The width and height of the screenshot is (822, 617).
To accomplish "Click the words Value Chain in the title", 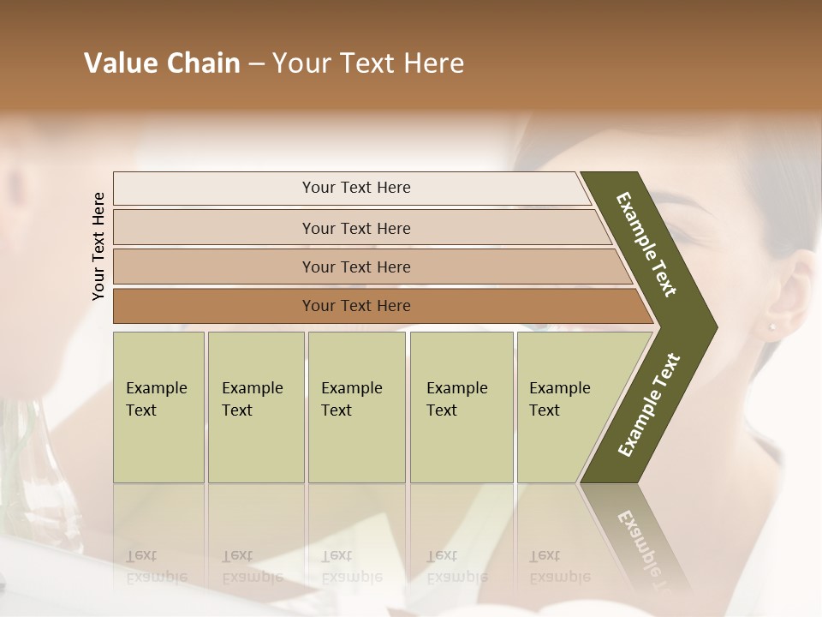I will click(162, 63).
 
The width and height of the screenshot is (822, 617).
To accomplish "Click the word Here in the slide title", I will click(437, 63).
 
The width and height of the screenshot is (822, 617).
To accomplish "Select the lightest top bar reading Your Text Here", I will click(355, 188).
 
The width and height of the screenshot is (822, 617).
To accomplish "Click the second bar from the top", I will click(355, 228).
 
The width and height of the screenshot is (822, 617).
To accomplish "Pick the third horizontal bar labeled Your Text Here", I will click(355, 267).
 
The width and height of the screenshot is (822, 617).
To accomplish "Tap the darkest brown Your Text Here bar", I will click(355, 306).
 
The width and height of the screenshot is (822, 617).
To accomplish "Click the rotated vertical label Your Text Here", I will click(98, 246).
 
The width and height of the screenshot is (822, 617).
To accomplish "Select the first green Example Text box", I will click(158, 407).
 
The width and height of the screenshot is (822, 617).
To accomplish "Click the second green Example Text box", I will click(255, 407).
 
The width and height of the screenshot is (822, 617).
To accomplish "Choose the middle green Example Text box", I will click(356, 407).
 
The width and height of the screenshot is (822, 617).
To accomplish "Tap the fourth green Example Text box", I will click(461, 407).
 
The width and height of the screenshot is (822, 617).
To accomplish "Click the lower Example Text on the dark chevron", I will click(648, 405).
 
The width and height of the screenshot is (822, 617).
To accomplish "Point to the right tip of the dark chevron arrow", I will click(715, 326).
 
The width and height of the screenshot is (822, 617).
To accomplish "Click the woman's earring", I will click(771, 326).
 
